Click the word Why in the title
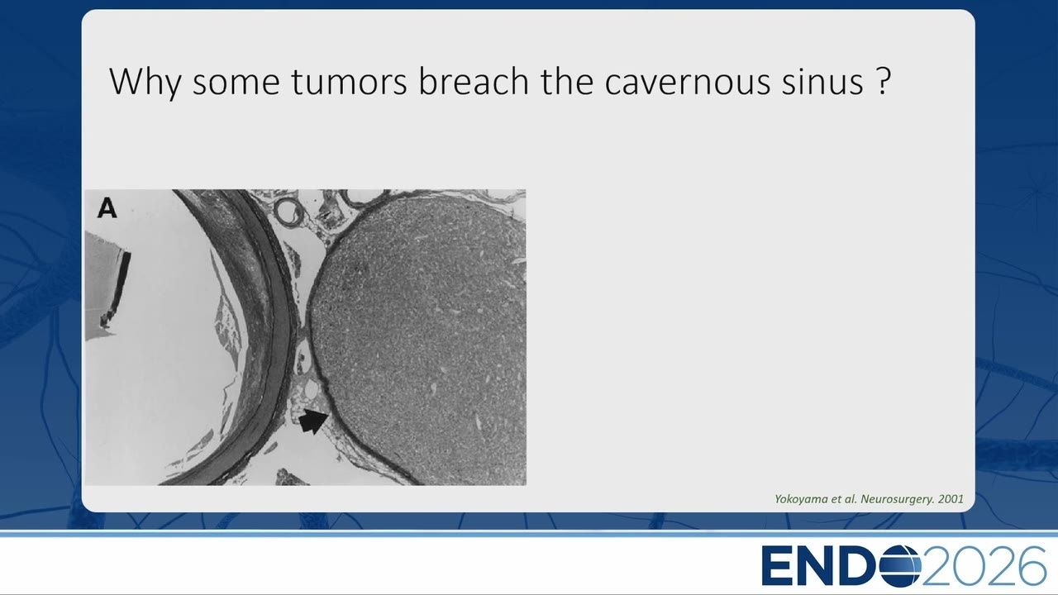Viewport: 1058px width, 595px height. pos(145,83)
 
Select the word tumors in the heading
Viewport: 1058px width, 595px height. pos(349,81)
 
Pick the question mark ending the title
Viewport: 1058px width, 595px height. pos(883,81)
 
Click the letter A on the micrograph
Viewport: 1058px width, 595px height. pos(107,207)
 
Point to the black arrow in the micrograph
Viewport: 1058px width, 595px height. pos(313,421)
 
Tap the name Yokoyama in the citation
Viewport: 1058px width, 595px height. pos(801,499)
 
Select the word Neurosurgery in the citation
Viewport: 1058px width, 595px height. pos(896,499)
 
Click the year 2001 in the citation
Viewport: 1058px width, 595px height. pos(951,498)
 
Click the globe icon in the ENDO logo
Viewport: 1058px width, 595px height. pos(899,566)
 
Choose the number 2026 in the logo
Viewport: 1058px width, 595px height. pos(984,566)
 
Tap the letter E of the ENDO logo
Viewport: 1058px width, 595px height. pos(779,566)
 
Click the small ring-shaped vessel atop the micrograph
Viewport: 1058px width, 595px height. pos(289,211)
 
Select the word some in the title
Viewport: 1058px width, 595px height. pos(236,83)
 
